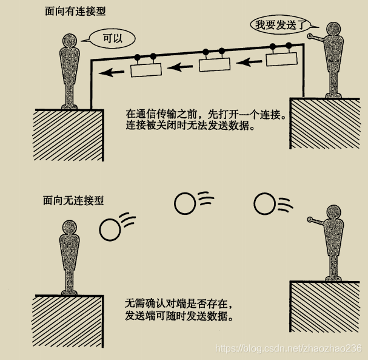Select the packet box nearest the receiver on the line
[146, 70]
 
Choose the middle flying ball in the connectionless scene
[184, 204]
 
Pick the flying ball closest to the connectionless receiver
[110, 229]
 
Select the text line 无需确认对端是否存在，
[179, 302]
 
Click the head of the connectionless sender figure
[332, 212]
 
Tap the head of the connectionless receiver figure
[70, 228]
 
